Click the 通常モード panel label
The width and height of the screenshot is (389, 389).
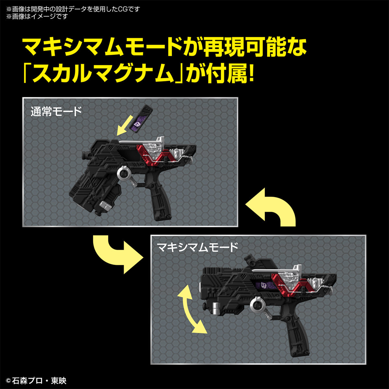56,112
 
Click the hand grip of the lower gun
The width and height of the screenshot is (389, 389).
298,334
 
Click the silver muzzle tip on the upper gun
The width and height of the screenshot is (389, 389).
105,205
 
